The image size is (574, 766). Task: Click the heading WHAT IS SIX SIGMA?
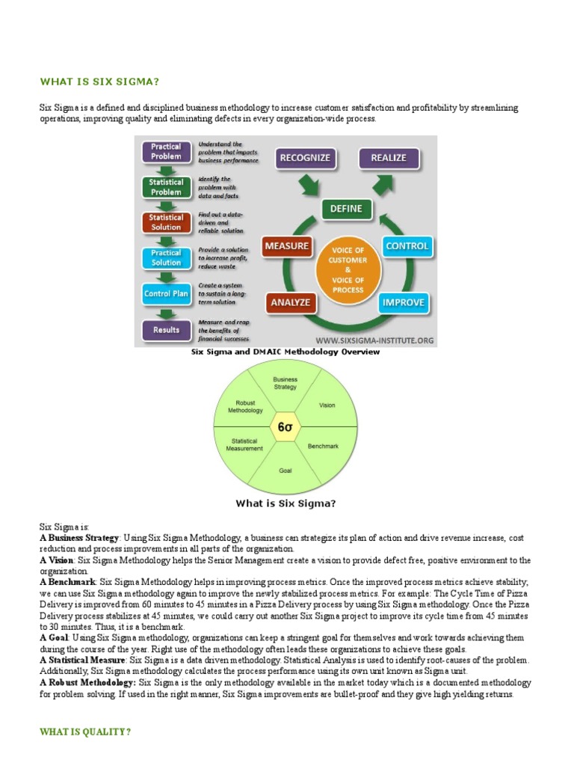click(100, 82)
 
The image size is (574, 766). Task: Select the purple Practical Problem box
click(166, 152)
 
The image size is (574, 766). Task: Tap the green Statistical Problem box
click(166, 187)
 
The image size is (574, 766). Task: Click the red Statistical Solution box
click(166, 222)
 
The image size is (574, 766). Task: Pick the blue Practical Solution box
click(166, 258)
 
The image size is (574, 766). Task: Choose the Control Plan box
click(166, 294)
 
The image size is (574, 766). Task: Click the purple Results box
click(166, 329)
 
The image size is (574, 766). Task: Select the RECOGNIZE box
click(305, 158)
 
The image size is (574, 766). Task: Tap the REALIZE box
click(388, 158)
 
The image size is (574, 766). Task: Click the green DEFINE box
click(347, 209)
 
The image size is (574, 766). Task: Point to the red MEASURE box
click(286, 246)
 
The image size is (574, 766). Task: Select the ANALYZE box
click(289, 303)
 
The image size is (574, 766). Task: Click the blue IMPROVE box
click(404, 303)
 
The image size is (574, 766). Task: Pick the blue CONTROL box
click(407, 246)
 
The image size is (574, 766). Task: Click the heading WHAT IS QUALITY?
click(85, 732)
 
